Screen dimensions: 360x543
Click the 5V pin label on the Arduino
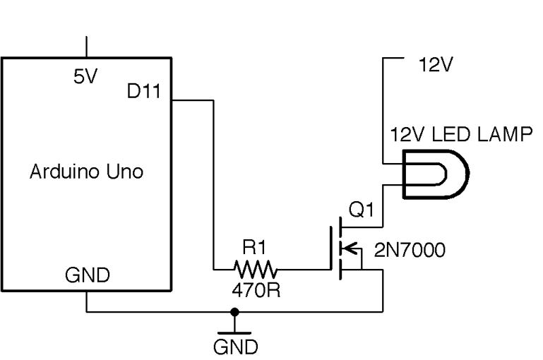85,77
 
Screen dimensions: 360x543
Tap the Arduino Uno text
86,172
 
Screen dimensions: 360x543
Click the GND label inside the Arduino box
87,275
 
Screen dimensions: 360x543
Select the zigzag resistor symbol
256,269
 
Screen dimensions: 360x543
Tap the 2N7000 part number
410,251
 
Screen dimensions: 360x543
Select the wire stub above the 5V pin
86,45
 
